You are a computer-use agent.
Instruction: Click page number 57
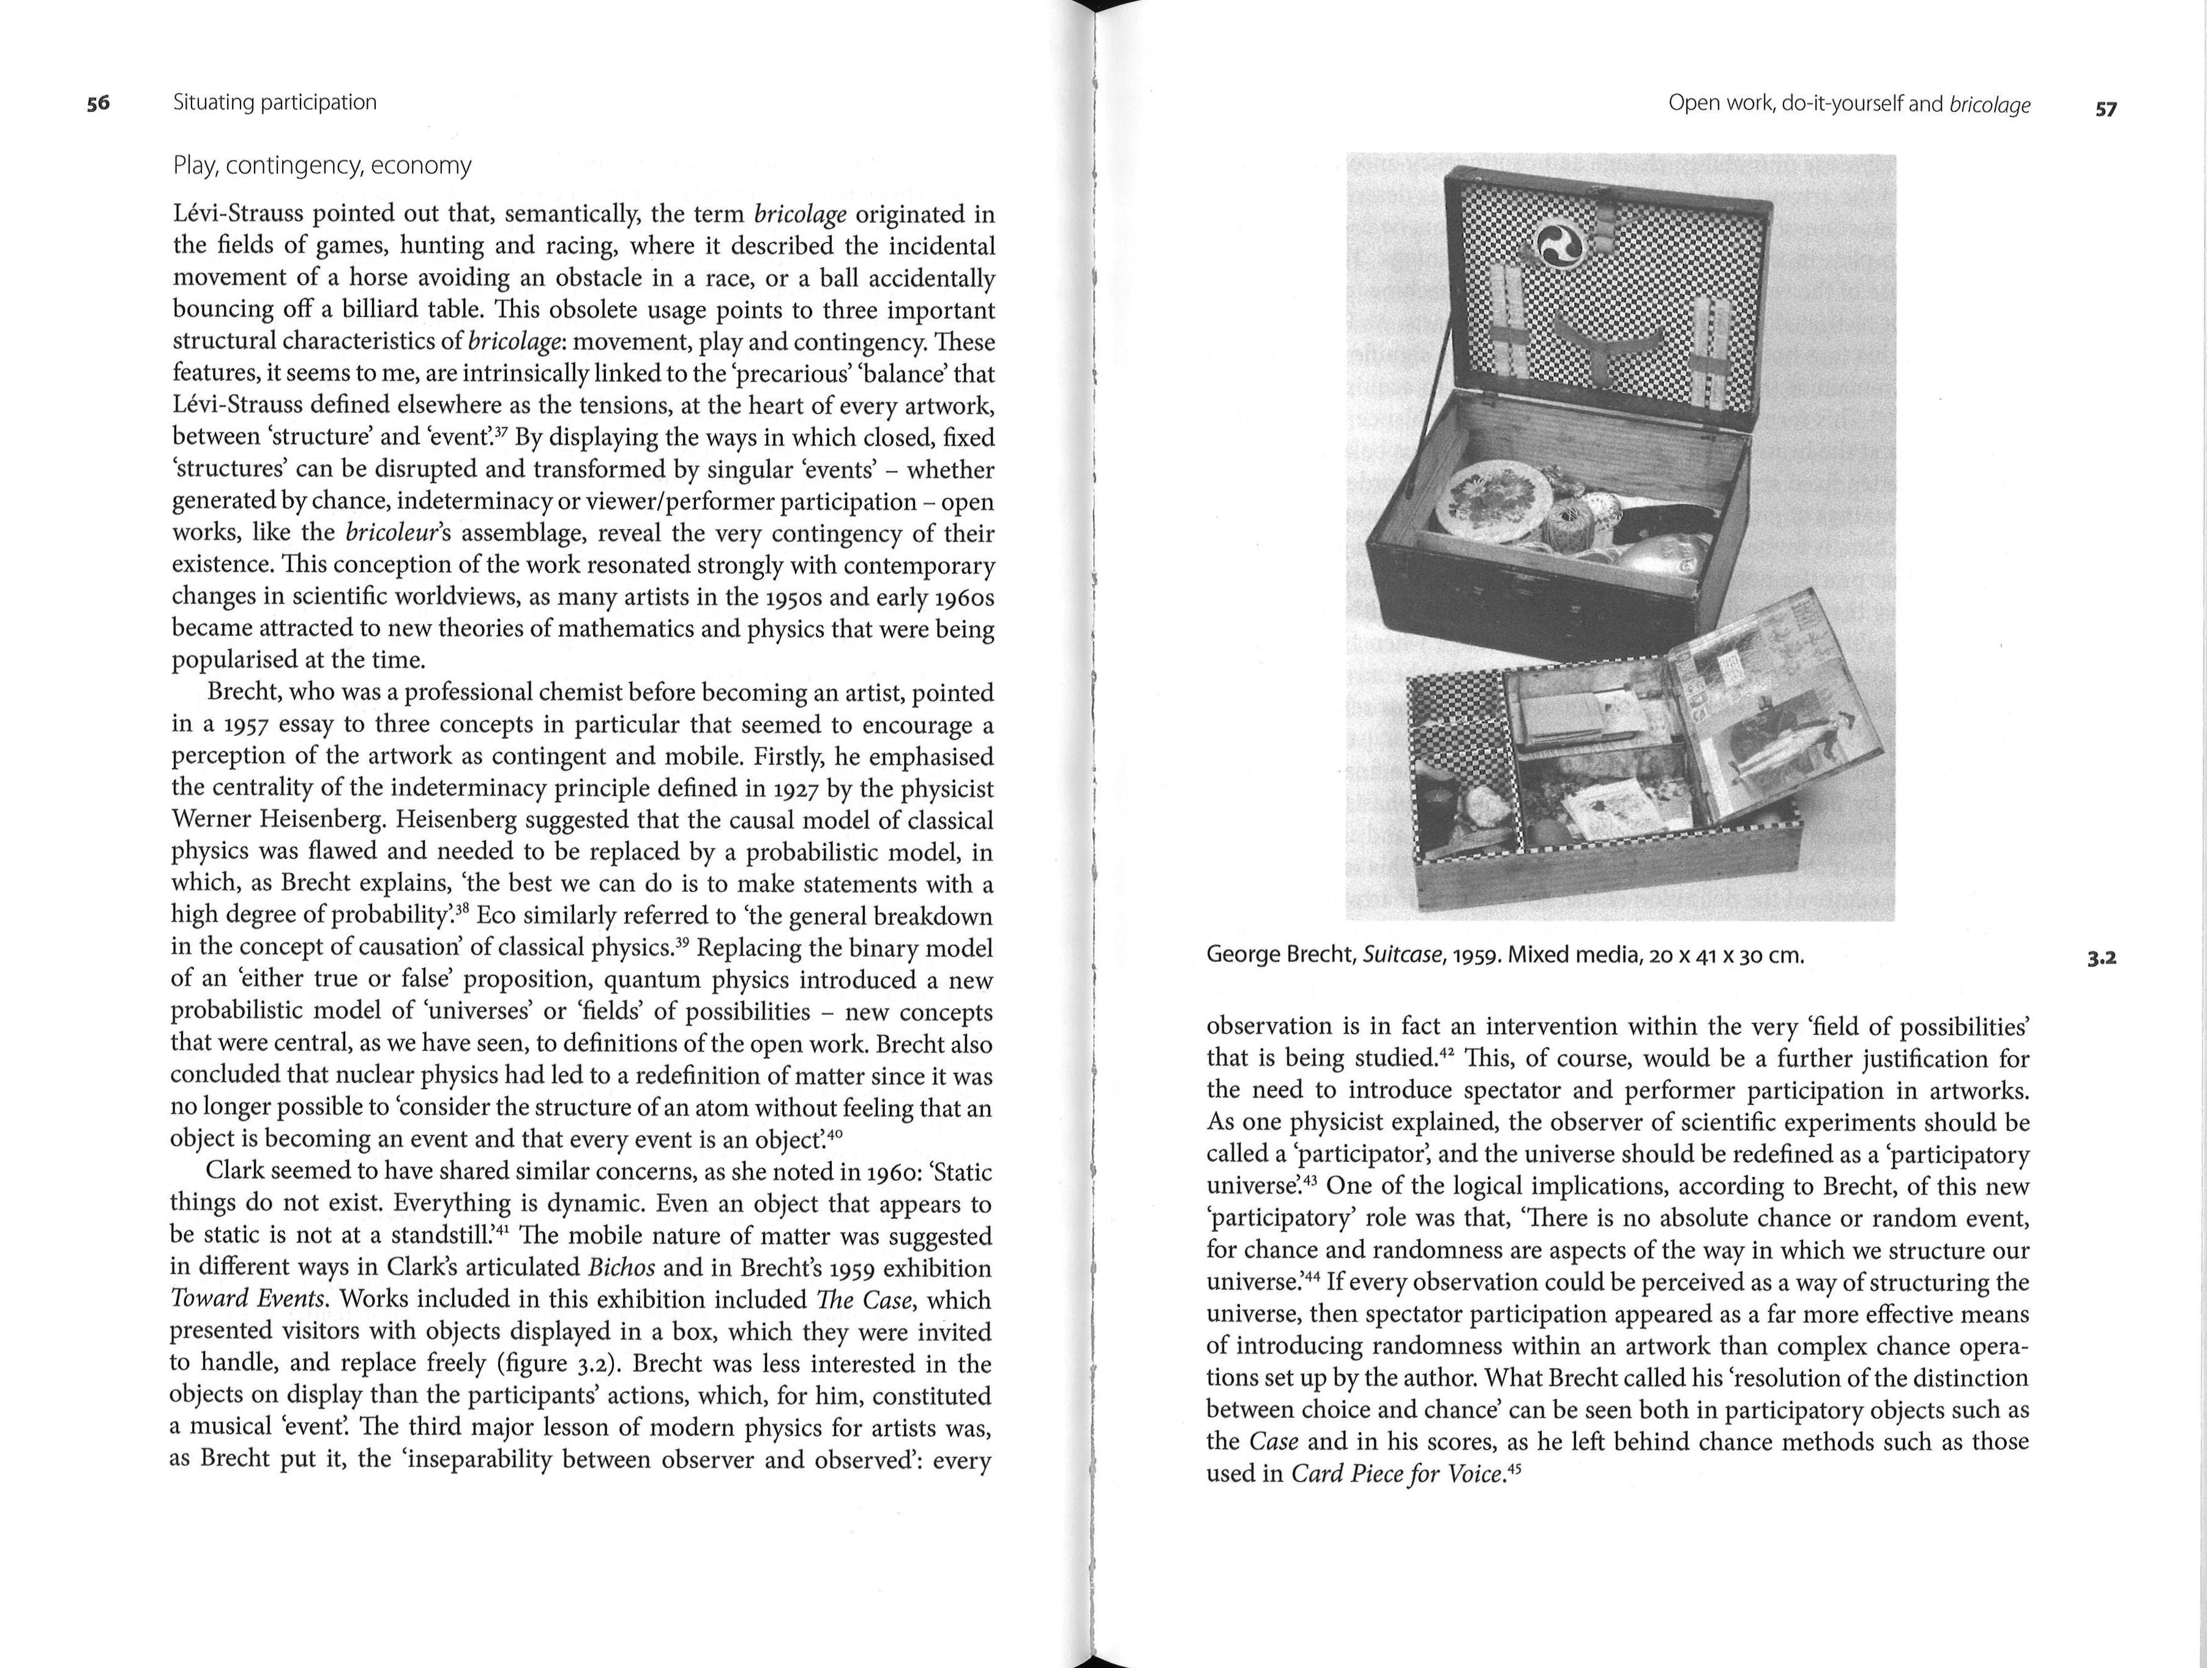(x=2105, y=110)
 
